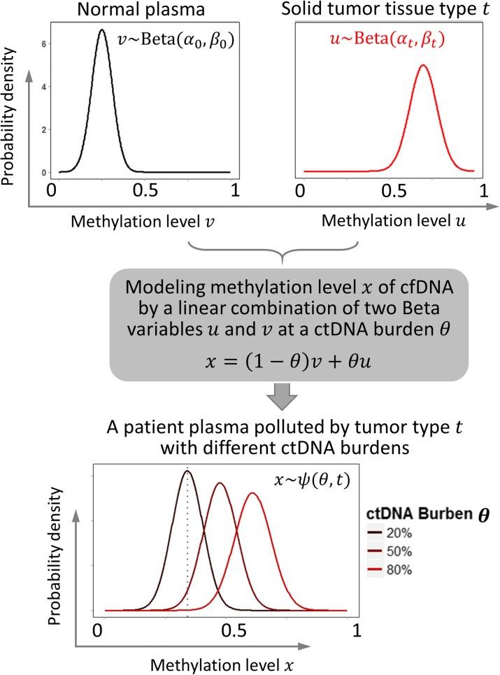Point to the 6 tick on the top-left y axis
44,43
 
